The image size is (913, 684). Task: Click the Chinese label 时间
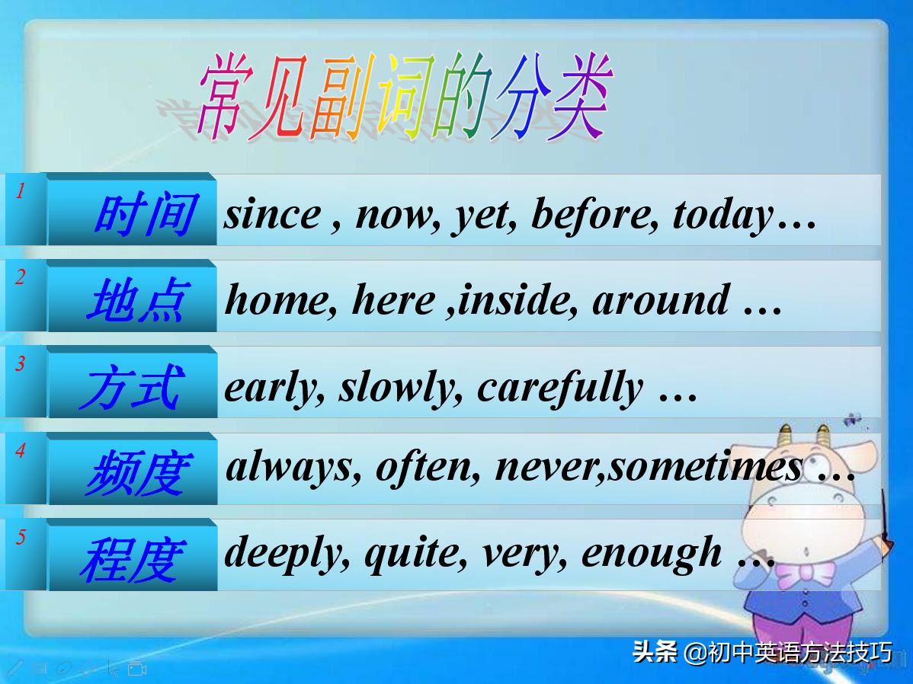pos(145,214)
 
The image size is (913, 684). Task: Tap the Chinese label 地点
pos(136,300)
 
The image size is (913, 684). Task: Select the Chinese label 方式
pos(131,387)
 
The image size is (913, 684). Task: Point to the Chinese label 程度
pos(131,559)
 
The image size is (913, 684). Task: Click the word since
pos(272,214)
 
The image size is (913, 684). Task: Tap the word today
pos(722,214)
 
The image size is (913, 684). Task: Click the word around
pos(660,300)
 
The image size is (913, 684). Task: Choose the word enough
pos(652,553)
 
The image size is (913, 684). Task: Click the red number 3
pos(21,363)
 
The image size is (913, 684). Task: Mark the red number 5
pos(21,537)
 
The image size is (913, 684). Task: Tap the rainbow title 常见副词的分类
pos(404,97)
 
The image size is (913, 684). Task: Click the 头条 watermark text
pos(655,653)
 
